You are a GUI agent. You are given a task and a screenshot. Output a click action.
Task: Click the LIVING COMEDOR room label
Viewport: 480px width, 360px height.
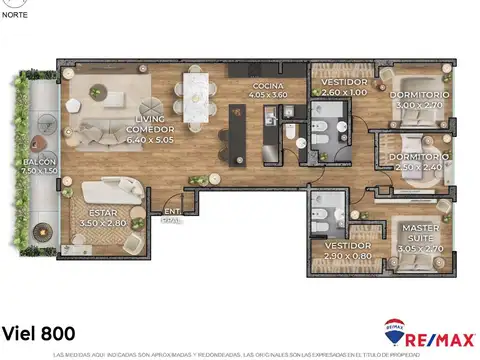pos(150,123)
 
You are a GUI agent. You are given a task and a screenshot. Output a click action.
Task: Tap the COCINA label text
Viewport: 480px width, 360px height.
pos(268,86)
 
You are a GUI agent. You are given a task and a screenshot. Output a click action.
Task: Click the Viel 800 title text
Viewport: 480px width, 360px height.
pos(38,332)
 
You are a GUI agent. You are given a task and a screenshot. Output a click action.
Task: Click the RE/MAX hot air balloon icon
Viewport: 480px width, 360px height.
pos(395,329)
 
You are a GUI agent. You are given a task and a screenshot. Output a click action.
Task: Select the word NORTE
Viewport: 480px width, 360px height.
pos(16,14)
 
